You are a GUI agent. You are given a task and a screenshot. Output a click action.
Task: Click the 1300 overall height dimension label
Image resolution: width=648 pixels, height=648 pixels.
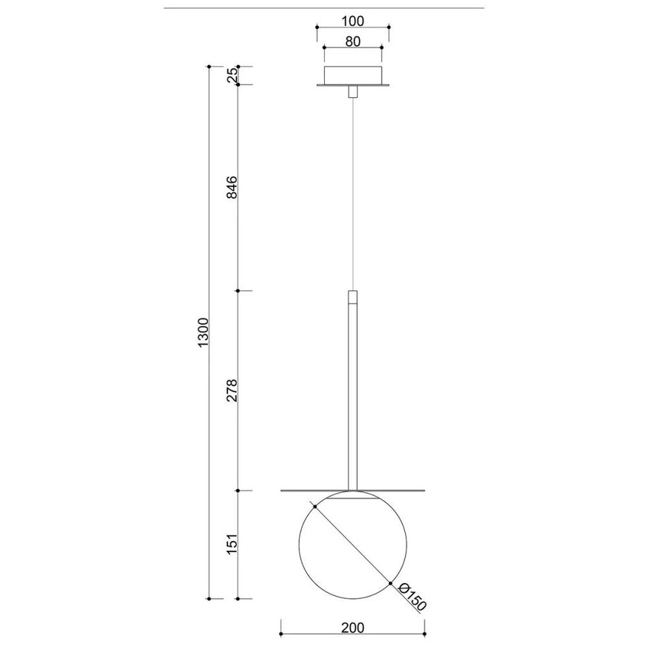tap(204, 332)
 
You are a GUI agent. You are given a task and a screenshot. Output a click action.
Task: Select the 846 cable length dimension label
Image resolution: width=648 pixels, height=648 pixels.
tap(232, 187)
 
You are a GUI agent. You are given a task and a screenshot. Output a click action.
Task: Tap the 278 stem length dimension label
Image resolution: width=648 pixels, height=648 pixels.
tap(232, 390)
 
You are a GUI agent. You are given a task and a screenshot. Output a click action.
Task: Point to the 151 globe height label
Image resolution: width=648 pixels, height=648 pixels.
tap(232, 544)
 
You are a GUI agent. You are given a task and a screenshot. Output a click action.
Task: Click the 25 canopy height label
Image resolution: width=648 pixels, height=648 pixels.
tap(232, 75)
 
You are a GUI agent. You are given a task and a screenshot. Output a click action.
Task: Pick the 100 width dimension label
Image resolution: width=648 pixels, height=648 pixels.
tap(353, 20)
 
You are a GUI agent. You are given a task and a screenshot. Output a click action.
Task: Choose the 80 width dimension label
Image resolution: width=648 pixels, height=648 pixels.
tap(352, 42)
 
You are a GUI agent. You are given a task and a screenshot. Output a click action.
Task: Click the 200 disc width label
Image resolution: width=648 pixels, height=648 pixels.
tap(353, 628)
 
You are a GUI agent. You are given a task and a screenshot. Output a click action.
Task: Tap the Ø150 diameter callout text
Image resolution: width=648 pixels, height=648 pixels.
tap(411, 597)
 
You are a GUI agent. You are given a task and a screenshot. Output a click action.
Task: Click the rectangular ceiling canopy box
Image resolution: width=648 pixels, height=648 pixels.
tap(352, 75)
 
